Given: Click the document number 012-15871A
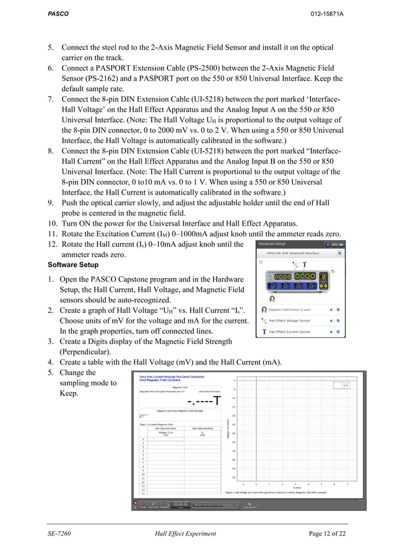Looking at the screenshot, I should pyautogui.click(x=327, y=14).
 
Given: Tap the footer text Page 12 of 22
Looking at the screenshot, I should pyautogui.click(x=328, y=534).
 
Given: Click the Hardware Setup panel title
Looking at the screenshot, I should pyautogui.click(x=276, y=244).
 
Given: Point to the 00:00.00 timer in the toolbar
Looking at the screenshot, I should pyautogui.click(x=180, y=504).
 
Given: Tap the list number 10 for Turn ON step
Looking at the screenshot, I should pyautogui.click(x=53, y=224).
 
